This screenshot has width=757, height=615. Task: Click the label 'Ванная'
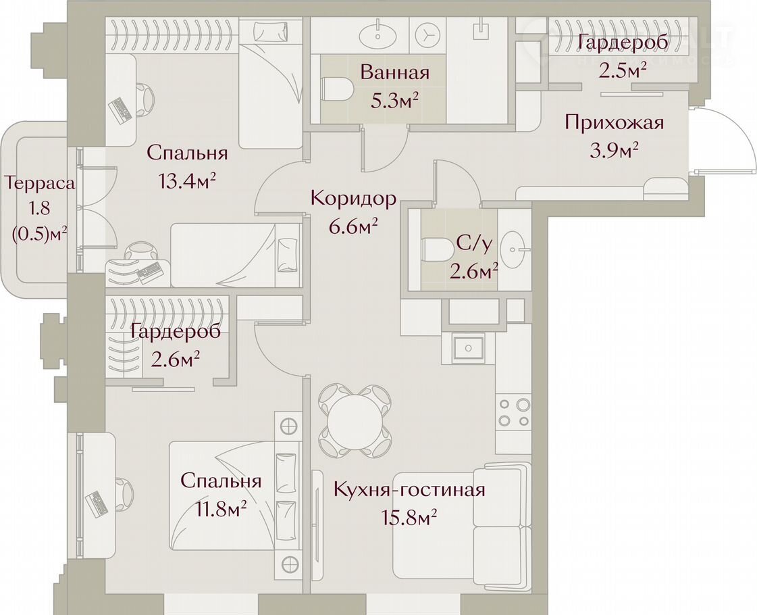(x=394, y=73)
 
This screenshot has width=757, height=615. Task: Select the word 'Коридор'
(x=353, y=199)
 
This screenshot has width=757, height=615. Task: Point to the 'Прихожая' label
(x=614, y=123)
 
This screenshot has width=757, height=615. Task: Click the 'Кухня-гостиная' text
(x=409, y=489)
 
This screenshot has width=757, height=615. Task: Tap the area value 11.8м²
(x=221, y=509)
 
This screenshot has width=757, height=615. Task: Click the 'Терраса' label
(x=40, y=184)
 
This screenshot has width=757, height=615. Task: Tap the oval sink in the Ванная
(x=378, y=34)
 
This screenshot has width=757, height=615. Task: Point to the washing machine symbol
(x=428, y=34)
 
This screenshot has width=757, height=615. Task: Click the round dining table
(x=356, y=420)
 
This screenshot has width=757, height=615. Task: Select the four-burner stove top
(x=513, y=412)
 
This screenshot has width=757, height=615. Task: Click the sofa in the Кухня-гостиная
(x=463, y=521)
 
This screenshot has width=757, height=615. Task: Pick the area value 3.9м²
(x=614, y=151)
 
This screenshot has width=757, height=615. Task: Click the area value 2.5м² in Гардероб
(x=623, y=71)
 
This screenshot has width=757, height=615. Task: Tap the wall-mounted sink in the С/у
(x=513, y=249)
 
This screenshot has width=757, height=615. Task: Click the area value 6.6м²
(x=353, y=226)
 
